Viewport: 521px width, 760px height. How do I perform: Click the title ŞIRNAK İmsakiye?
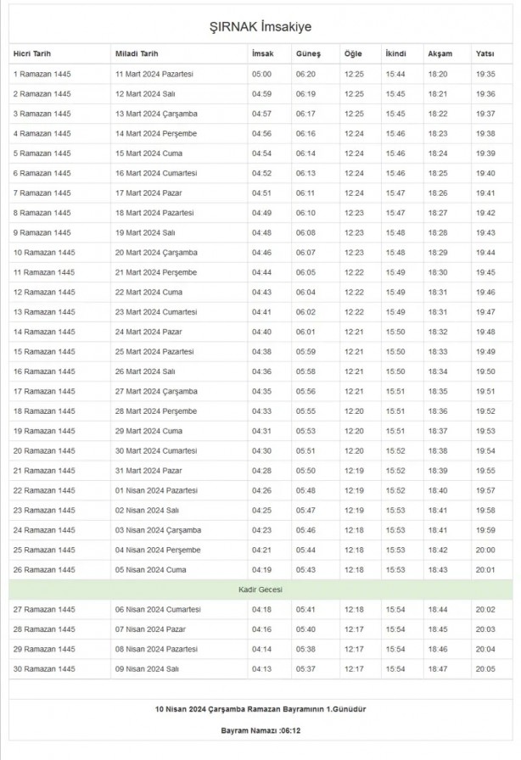coord(260,28)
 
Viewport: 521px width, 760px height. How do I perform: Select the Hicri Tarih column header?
coord(32,54)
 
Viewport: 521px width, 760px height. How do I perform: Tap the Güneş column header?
coord(307,54)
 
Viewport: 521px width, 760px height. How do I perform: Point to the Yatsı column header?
coord(485,54)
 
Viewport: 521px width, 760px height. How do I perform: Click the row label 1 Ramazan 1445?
coord(42,75)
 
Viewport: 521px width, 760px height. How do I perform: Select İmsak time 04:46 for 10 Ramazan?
coord(261,253)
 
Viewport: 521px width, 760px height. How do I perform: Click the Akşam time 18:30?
coord(438,272)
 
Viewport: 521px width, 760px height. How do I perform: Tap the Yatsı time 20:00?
coord(486,550)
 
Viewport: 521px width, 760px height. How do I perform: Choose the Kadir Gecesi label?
coord(260,589)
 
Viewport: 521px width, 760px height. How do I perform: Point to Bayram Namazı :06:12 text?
coord(260,729)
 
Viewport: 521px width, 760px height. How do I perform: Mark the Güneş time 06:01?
coord(305,332)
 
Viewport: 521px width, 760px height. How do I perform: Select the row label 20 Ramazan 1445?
coord(44,450)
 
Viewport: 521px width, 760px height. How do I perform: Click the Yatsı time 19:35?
coord(486,75)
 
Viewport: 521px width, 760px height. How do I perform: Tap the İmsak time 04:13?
coord(261,668)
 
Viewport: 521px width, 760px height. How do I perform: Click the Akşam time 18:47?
coord(438,668)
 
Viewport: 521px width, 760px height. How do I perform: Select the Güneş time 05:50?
coord(305,471)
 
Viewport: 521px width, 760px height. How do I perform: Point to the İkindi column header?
coord(395,54)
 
